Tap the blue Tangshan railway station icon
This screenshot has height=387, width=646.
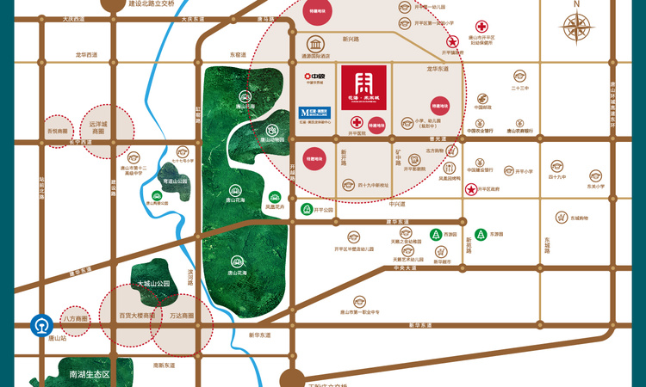(40, 327)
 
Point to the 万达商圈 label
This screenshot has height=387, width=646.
(182, 316)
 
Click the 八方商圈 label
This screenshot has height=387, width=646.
(76, 319)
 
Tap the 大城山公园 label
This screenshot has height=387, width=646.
(154, 283)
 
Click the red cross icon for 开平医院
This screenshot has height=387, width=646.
(357, 122)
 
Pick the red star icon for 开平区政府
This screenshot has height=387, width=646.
(471, 189)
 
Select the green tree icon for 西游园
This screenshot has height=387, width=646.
(436, 233)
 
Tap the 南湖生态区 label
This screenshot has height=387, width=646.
(90, 375)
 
